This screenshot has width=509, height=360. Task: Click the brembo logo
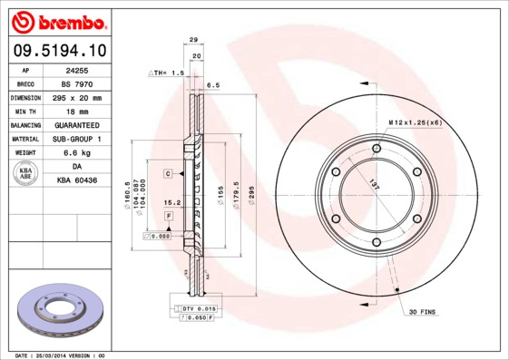pos(55,20)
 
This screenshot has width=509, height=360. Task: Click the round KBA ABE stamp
pos(26,174)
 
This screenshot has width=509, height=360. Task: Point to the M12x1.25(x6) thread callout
pos(416,122)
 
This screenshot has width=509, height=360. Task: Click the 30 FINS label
pos(423,312)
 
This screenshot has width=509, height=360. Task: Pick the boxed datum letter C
pos(168,172)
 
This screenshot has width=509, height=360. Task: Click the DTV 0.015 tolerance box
pos(192,309)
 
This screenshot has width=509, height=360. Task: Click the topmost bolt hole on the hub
pos(377,147)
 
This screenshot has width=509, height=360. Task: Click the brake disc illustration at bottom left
pos(60,314)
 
